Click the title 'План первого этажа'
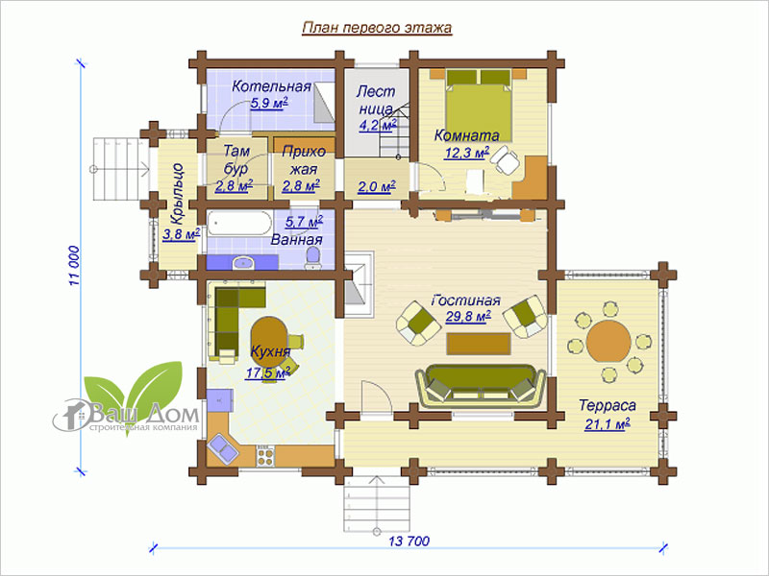[377, 28]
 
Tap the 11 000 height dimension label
[74, 266]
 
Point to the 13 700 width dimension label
[409, 541]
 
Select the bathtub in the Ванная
[238, 224]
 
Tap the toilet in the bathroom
[312, 258]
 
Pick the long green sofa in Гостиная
[480, 386]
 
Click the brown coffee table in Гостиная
[479, 344]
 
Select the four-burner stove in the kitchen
[265, 457]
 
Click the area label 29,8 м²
[468, 317]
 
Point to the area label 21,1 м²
[608, 423]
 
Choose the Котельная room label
[271, 86]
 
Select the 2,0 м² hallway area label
[377, 186]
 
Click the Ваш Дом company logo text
[145, 415]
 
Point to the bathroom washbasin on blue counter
[244, 263]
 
